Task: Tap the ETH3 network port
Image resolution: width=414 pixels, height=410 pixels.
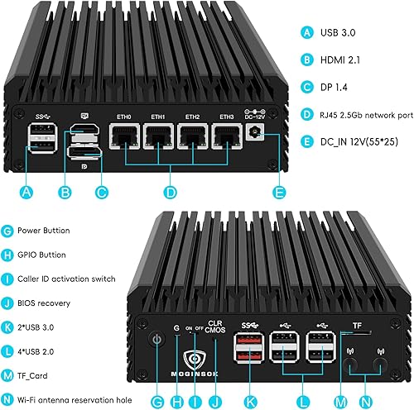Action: [225, 138]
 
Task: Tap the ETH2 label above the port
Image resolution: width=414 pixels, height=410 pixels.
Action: [194, 117]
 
